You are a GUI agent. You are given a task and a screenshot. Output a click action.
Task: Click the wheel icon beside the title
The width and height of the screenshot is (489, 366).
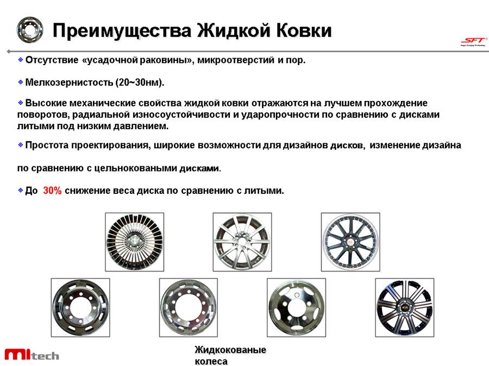pos(30,30)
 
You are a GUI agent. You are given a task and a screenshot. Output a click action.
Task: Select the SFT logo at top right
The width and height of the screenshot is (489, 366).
pos(473,41)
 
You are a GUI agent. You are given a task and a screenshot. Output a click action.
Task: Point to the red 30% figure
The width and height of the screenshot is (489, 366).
pos(52,190)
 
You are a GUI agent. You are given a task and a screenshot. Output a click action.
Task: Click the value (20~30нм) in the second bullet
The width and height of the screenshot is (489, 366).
pos(140,83)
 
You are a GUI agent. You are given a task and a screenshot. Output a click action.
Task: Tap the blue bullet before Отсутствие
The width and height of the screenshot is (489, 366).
pos(21,59)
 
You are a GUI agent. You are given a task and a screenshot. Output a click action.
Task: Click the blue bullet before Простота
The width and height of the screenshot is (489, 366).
pos(21,144)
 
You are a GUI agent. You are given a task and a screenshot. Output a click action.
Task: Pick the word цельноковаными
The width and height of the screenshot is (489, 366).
pos(135,168)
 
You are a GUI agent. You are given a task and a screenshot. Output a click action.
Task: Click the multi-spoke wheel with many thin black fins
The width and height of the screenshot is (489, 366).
pos(134,242)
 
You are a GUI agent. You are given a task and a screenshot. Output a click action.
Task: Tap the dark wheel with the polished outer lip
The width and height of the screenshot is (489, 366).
pos(350,242)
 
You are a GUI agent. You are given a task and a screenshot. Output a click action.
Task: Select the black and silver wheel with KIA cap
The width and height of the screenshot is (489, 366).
pos(404,308)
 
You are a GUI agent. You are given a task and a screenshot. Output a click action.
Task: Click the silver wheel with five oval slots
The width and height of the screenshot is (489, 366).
pos(296,308)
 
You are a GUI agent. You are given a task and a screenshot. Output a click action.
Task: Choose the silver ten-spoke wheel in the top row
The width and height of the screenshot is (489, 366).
pos(242,242)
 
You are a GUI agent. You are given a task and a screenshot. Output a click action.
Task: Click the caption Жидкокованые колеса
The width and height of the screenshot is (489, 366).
pos(230,355)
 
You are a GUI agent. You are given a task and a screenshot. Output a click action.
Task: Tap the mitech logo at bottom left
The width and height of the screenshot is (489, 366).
pos(32,354)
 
